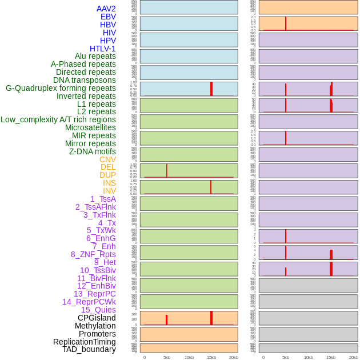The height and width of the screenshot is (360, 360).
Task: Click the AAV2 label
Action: click(x=106, y=9)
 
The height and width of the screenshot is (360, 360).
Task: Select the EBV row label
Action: click(x=108, y=17)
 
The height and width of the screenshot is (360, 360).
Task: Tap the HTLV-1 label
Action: click(x=102, y=49)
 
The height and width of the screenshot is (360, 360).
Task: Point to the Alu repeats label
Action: click(x=95, y=56)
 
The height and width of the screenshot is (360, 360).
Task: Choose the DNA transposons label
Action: click(x=85, y=80)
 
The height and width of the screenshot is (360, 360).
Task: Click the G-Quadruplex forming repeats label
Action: click(x=61, y=88)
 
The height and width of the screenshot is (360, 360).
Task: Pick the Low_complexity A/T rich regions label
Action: click(x=58, y=119)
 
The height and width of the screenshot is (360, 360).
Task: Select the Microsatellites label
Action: click(x=90, y=127)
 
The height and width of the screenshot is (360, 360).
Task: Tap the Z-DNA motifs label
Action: click(x=93, y=151)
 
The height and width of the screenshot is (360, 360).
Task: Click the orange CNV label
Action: click(x=107, y=159)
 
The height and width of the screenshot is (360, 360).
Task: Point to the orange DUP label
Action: click(x=107, y=175)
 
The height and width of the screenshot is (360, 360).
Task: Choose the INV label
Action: click(x=109, y=191)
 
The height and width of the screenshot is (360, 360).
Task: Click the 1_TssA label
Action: click(x=103, y=199)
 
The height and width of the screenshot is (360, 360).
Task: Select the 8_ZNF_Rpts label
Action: click(x=93, y=254)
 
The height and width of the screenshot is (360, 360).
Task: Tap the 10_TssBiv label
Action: click(x=98, y=270)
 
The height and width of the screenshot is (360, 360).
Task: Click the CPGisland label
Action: click(x=97, y=318)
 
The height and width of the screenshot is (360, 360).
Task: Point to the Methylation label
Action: click(x=95, y=326)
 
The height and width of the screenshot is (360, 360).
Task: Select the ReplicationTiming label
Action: click(x=85, y=342)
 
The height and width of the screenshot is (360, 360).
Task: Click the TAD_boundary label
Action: click(x=89, y=349)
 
